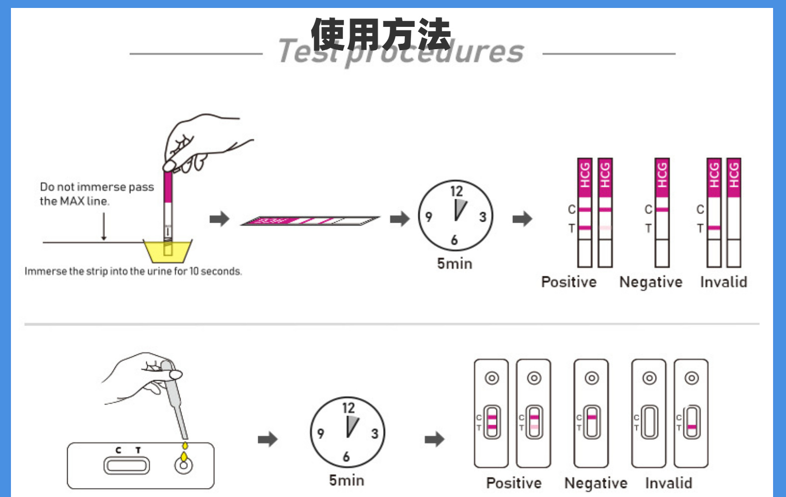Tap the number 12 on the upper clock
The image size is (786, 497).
click(x=456, y=191)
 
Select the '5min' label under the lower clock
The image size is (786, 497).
click(x=346, y=480)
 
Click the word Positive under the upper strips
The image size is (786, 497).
click(x=569, y=282)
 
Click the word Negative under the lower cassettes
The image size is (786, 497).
click(x=595, y=483)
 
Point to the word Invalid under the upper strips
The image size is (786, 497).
click(x=723, y=282)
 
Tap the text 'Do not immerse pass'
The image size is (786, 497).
click(x=97, y=187)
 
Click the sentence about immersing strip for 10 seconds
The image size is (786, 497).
click(x=133, y=271)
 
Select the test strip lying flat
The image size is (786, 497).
click(x=309, y=221)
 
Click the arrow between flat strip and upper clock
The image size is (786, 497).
click(x=399, y=218)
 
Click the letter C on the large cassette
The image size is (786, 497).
click(x=118, y=450)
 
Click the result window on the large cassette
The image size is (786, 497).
click(x=126, y=466)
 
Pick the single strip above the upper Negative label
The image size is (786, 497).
click(x=662, y=213)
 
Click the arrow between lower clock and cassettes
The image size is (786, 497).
click(x=434, y=439)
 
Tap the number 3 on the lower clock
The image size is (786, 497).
click(x=375, y=434)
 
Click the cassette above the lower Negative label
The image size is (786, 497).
click(x=591, y=414)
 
